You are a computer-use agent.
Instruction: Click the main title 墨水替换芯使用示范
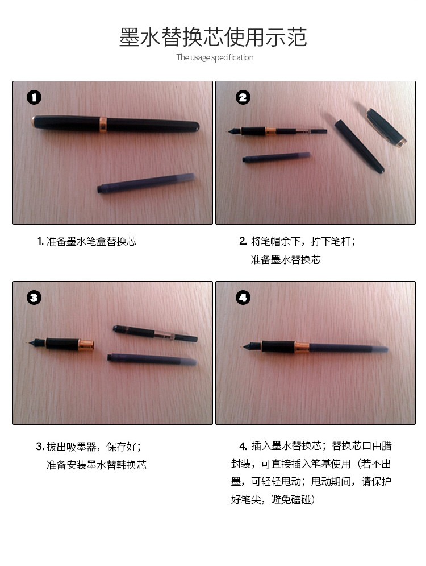click(x=213, y=37)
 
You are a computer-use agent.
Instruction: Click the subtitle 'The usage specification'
click(x=215, y=57)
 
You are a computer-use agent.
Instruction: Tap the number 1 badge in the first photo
click(x=34, y=97)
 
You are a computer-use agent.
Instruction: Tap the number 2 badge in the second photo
click(x=243, y=97)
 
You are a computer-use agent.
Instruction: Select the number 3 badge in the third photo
click(x=34, y=298)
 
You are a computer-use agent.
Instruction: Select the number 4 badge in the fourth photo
click(x=243, y=298)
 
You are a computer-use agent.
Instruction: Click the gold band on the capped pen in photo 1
click(x=103, y=124)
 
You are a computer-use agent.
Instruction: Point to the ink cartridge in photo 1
click(x=146, y=183)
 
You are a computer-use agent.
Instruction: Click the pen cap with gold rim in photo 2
click(x=386, y=127)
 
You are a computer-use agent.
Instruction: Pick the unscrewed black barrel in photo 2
click(x=359, y=146)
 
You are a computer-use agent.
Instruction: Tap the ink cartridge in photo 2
click(x=276, y=157)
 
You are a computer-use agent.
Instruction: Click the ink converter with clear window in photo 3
click(x=155, y=333)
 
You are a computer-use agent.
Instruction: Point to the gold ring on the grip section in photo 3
click(x=86, y=345)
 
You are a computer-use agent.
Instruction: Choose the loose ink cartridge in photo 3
click(x=152, y=360)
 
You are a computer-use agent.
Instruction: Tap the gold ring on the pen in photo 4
click(x=302, y=347)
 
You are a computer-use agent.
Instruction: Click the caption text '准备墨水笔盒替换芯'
click(x=91, y=241)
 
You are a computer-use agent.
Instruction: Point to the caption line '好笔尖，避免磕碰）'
click(x=273, y=499)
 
